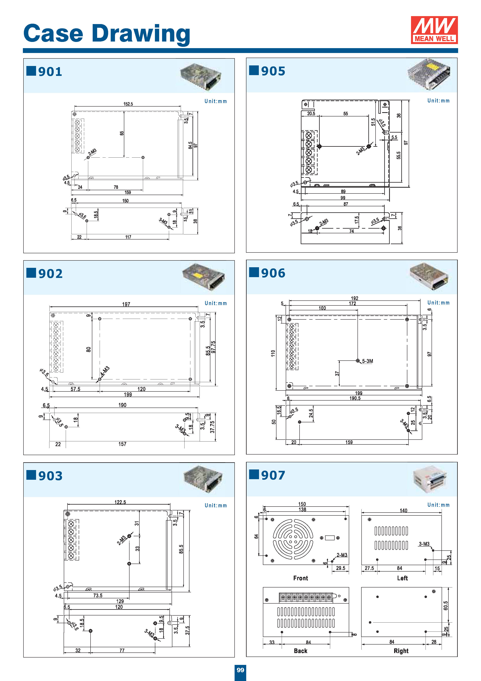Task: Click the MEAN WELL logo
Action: tap(434, 30)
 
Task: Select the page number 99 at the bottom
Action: tap(240, 670)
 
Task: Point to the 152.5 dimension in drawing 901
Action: tap(128, 104)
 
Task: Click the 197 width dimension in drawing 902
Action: tap(126, 304)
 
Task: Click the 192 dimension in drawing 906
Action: tap(354, 298)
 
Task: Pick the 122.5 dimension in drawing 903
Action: tap(120, 502)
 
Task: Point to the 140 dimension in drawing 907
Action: tap(403, 510)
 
